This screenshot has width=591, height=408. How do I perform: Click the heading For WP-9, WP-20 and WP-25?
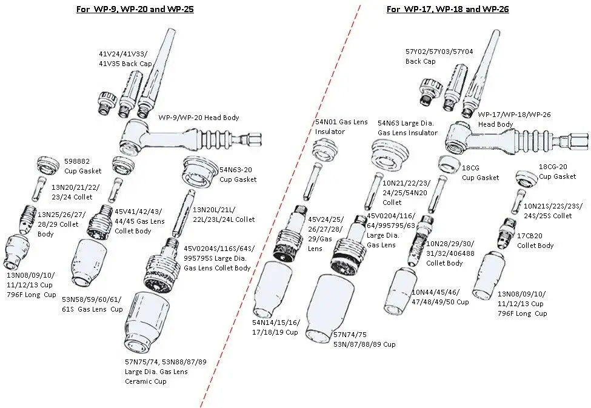click(x=135, y=10)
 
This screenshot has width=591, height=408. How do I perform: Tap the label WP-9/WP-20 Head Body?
click(x=198, y=118)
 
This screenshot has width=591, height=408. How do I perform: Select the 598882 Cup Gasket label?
click(x=82, y=166)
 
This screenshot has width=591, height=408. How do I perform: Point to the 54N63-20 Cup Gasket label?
click(x=238, y=175)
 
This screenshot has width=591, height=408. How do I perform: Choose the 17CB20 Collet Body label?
click(x=535, y=241)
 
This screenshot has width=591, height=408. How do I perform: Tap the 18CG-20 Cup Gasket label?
click(x=558, y=172)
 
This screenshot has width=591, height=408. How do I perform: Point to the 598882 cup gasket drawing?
click(x=47, y=165)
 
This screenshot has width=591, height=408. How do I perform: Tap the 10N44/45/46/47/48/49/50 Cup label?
click(x=439, y=297)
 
